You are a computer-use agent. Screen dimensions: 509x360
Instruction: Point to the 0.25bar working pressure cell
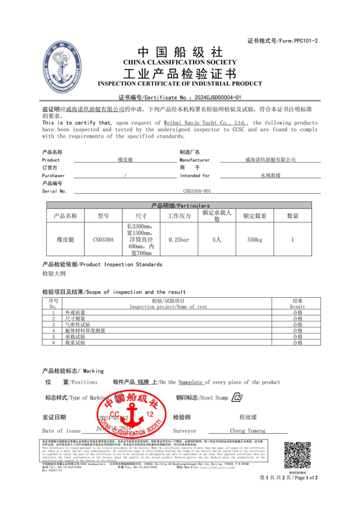click(x=179, y=239)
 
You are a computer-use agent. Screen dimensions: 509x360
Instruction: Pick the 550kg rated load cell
click(x=255, y=239)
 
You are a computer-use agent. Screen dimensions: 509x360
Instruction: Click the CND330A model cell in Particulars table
click(x=103, y=239)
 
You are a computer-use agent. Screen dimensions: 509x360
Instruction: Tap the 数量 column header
click(x=293, y=216)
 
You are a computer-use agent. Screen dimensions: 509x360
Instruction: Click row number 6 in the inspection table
click(x=52, y=343)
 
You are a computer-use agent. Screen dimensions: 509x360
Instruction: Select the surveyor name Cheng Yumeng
click(x=247, y=431)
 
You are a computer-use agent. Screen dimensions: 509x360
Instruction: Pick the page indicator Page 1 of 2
click(x=288, y=478)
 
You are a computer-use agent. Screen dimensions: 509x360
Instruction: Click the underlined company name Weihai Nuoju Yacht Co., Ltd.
click(x=206, y=123)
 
